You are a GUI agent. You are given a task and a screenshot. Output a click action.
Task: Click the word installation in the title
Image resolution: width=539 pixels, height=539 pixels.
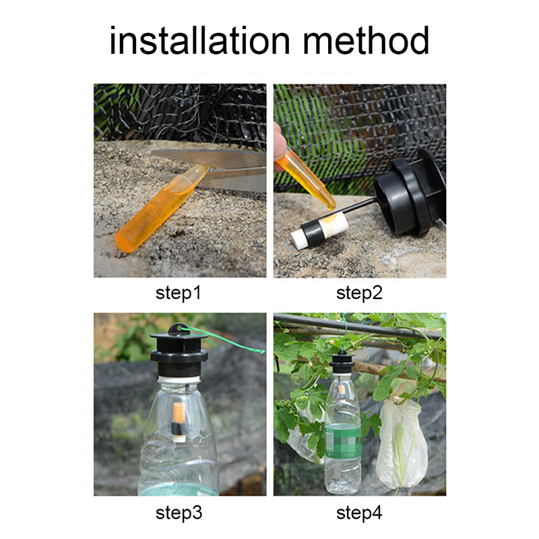tap(199, 40)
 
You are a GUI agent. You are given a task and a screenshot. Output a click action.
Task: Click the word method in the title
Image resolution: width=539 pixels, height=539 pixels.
tap(366, 40)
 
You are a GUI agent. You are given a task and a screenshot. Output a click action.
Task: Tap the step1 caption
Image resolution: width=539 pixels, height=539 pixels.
tap(178, 293)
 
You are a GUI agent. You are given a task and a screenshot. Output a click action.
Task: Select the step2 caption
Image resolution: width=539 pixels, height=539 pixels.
tap(359, 293)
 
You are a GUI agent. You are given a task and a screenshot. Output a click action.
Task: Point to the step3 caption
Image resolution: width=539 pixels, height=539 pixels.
tap(179, 513)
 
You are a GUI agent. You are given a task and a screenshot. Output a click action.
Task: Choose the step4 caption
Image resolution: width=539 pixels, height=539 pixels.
tap(359, 513)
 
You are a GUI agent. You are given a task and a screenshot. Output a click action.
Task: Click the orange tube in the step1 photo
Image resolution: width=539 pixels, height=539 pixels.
tap(161, 209)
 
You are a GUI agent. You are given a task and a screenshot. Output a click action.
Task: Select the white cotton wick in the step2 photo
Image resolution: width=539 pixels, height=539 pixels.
tap(319, 228)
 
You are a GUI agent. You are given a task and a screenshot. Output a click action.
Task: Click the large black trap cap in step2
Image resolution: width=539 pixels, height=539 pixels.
tap(411, 193)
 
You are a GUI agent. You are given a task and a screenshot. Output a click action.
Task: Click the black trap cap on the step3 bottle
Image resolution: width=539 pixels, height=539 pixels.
tap(179, 350)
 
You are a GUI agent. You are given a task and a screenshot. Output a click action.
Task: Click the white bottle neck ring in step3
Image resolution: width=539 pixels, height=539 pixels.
tap(179, 379)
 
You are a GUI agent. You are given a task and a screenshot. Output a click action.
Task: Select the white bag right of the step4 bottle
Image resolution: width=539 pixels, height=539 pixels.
tap(402, 443)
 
